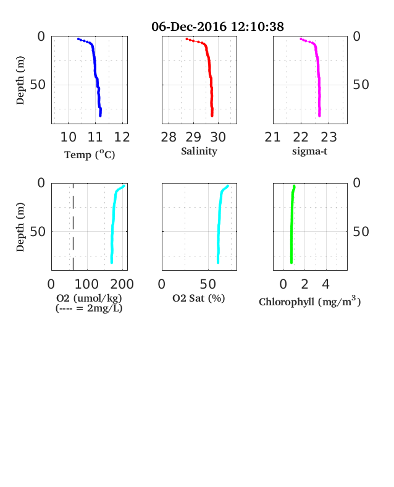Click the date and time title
[x=217, y=27]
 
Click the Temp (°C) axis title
[x=90, y=155]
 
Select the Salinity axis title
[x=199, y=151]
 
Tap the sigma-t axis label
[x=309, y=151]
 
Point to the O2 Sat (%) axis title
[x=199, y=298]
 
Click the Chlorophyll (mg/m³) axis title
[x=309, y=302]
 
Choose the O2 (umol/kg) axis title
[x=89, y=298]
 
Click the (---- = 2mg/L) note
[x=89, y=308]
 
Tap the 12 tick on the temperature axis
[x=122, y=137]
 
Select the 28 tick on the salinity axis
[x=169, y=137]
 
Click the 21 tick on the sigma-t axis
[x=272, y=137]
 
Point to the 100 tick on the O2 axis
[x=86, y=284]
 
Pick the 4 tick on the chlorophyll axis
[x=325, y=284]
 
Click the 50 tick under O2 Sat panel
[x=208, y=284]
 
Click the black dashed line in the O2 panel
[x=73, y=227]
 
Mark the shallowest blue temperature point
[x=78, y=39]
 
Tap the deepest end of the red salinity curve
[x=212, y=116]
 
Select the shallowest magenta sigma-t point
[x=301, y=39]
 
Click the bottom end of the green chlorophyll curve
[x=291, y=263]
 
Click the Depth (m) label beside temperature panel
[x=20, y=80]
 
